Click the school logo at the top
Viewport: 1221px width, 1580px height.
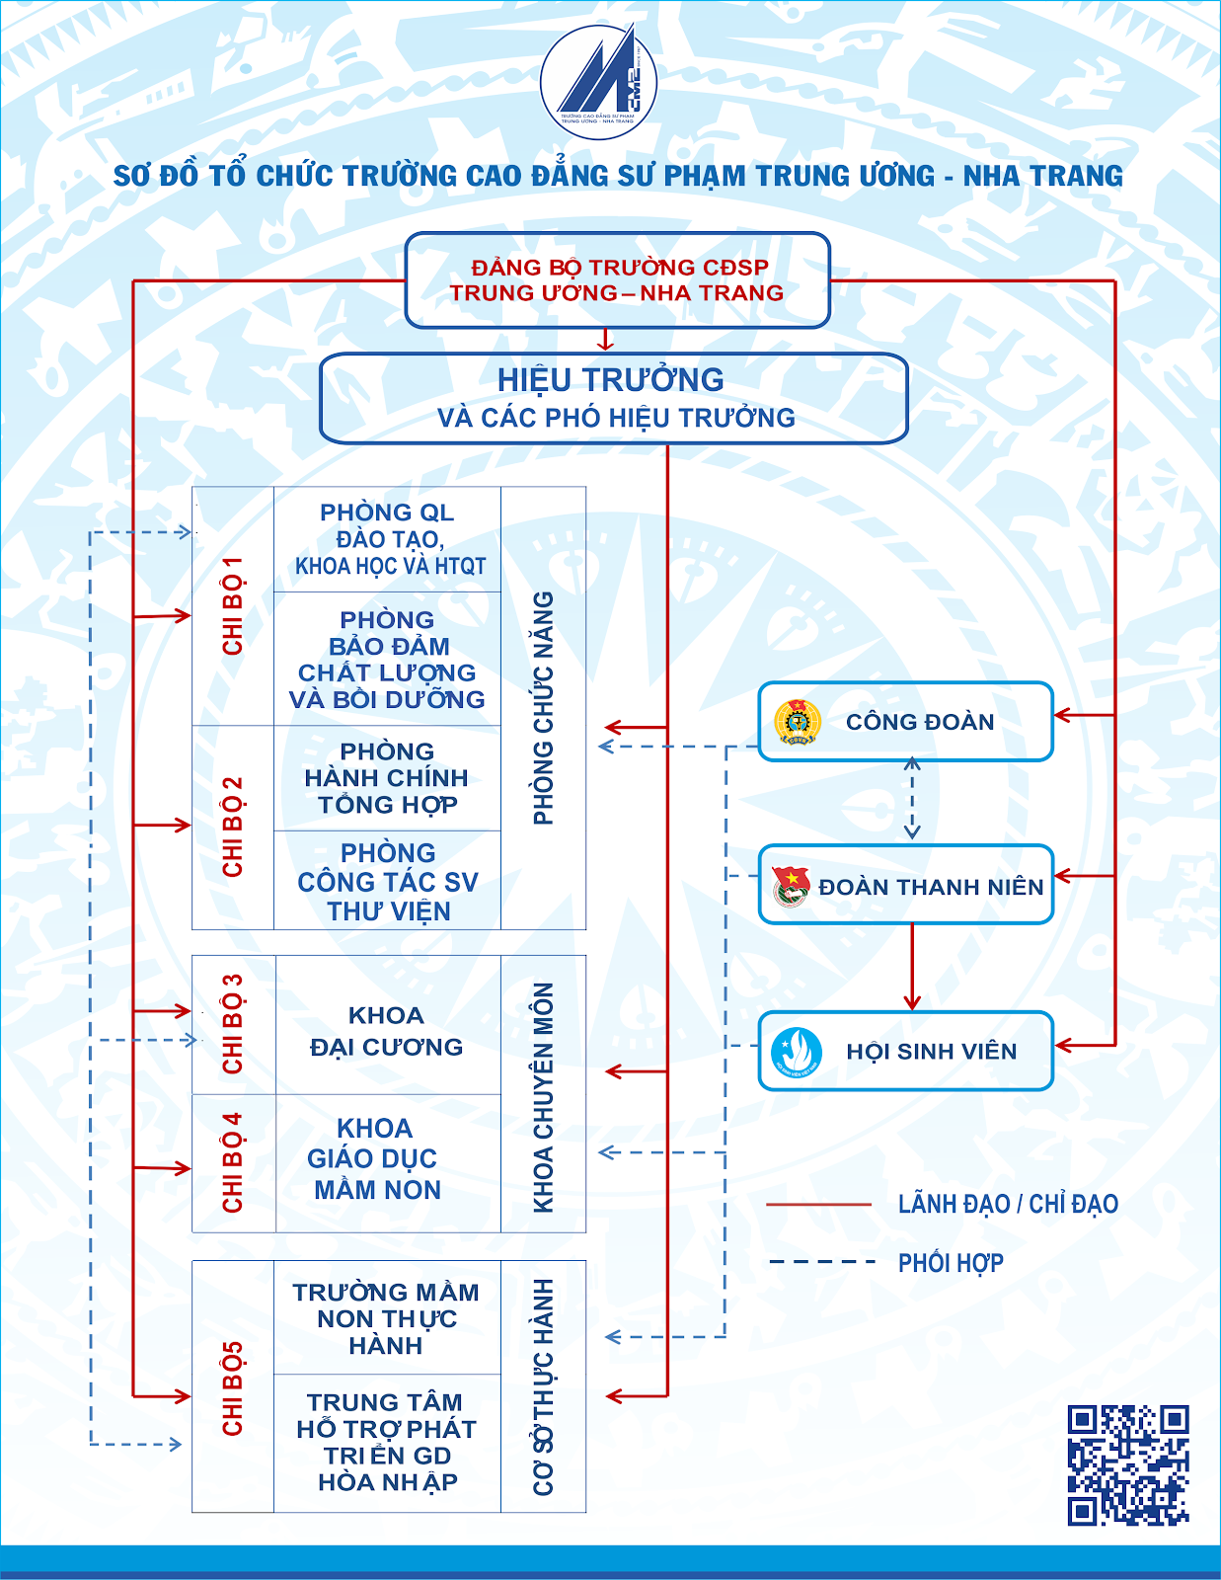598,81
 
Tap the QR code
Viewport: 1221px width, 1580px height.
1128,1465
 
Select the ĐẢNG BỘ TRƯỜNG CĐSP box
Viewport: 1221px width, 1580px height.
617,280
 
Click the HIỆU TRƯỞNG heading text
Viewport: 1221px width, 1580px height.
610,379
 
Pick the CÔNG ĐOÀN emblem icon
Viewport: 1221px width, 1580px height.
798,721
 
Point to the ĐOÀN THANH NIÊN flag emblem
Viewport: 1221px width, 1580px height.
792,887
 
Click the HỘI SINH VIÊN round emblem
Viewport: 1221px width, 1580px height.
797,1052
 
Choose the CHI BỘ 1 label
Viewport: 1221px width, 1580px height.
232,605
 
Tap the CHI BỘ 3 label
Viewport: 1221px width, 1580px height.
232,1024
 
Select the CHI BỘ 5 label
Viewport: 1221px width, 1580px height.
232,1387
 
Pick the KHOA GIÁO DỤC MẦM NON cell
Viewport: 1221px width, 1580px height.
388,1162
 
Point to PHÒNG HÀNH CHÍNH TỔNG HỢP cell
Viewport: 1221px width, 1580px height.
387,778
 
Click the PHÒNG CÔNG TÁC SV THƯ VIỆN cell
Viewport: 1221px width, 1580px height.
387,881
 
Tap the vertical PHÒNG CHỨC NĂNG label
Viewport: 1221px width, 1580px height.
543,707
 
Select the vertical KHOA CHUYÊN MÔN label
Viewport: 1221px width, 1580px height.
543,1098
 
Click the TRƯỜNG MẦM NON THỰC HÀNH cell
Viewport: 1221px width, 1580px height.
387,1317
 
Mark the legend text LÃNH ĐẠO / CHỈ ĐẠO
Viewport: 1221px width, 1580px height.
1008,1204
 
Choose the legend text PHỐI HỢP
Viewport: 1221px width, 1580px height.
951,1263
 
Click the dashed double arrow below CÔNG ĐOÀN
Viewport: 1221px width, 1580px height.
912,798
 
